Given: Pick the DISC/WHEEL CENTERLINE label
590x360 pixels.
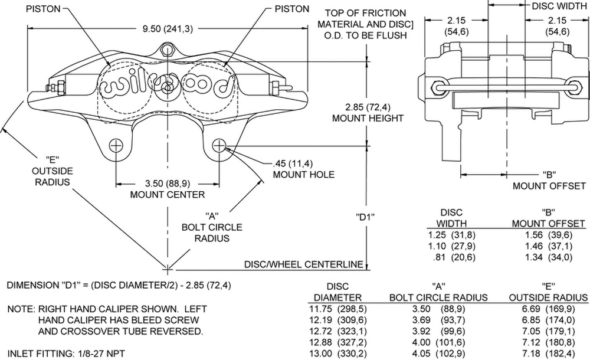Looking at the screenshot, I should [303, 264].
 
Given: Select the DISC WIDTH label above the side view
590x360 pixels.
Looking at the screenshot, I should [559, 7].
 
